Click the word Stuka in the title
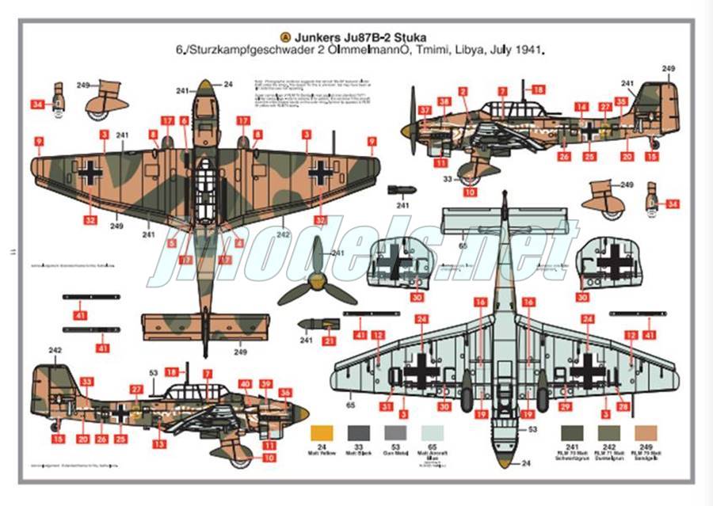[415, 36]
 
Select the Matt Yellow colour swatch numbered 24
[323, 433]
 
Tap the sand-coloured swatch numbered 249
[646, 433]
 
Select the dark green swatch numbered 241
[570, 433]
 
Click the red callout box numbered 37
[425, 111]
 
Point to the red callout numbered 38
[445, 102]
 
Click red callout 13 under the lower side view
[161, 443]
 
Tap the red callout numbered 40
[246, 384]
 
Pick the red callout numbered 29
[566, 407]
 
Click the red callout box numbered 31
[386, 407]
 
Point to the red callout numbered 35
[622, 102]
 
